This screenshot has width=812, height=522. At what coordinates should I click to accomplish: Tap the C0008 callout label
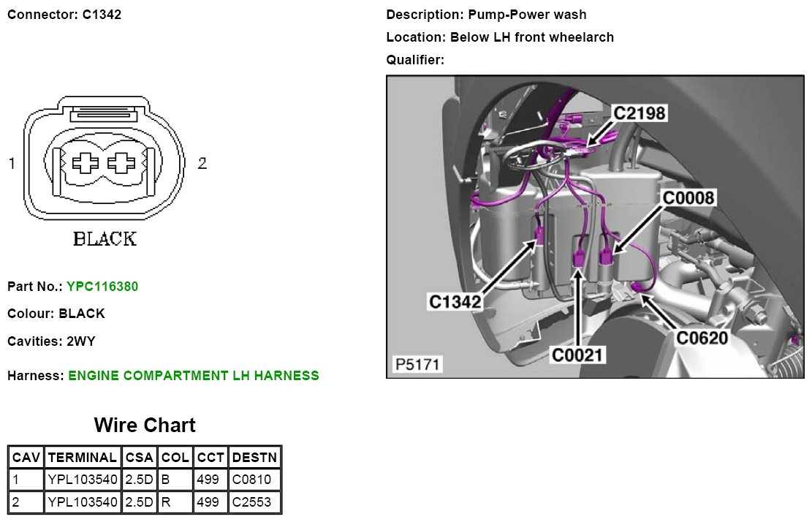tap(688, 198)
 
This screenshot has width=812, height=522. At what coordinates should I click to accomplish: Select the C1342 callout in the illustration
tap(455, 301)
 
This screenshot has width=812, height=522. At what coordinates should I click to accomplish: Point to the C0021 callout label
tap(578, 355)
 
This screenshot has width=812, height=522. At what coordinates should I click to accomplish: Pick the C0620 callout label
tap(702, 338)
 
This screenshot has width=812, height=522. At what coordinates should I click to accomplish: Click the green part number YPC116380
tap(102, 287)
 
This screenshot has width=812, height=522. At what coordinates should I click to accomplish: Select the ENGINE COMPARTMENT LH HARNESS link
tap(194, 376)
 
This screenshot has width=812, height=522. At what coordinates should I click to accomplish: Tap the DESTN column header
tap(254, 458)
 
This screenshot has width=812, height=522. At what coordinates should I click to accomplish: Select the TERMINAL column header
tap(82, 458)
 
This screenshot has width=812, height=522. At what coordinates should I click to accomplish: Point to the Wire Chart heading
tap(145, 425)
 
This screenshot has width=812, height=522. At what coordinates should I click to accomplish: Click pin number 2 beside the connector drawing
tap(202, 163)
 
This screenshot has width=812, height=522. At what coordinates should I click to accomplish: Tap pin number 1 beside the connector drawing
tap(12, 163)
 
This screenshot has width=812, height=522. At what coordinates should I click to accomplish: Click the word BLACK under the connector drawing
tap(105, 239)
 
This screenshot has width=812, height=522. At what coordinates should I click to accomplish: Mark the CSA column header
tap(139, 458)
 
